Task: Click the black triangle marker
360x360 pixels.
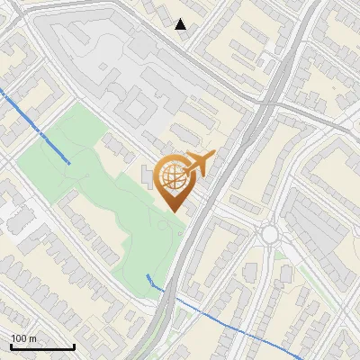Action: coord(181,24)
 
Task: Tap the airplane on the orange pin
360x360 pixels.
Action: coord(199,163)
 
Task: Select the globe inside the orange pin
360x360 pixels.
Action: coord(175,179)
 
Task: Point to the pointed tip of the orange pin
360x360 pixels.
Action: coord(175,211)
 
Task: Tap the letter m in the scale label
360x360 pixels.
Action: coord(34,338)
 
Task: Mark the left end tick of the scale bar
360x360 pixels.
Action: coord(11,346)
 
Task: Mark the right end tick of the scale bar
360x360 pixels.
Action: coord(74,346)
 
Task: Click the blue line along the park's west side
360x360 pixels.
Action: coord(36,126)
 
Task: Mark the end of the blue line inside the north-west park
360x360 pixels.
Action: coord(70,162)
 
